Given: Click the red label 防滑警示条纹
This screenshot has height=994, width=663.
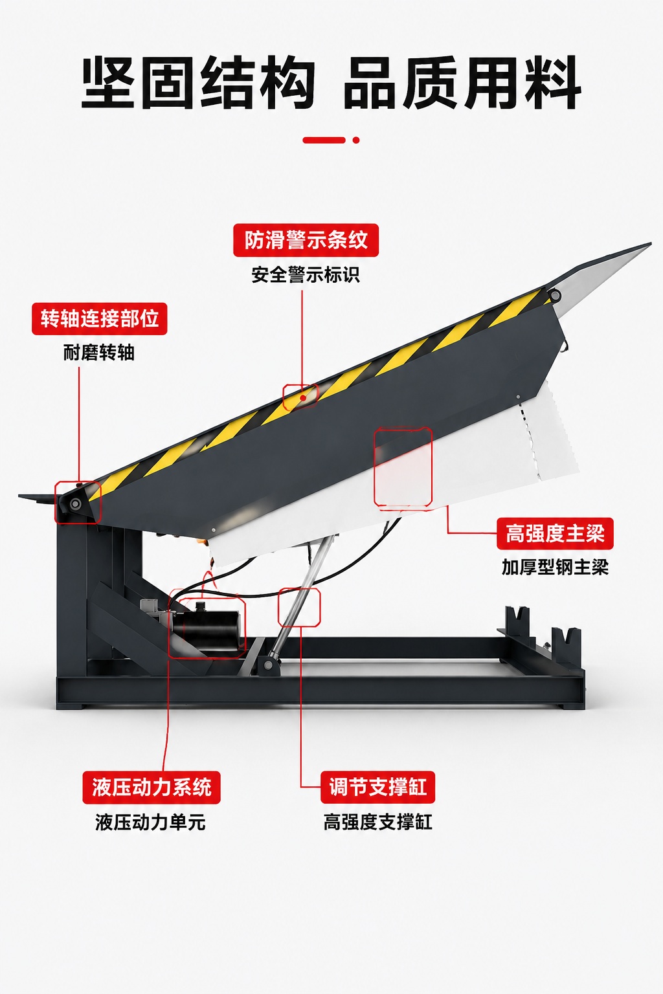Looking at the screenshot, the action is click(x=306, y=240).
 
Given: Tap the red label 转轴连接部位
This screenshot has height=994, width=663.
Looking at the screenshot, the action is click(x=100, y=318).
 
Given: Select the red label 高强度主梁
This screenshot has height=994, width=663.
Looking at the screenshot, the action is click(x=555, y=533).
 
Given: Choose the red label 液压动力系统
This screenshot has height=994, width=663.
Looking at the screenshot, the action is click(x=152, y=788).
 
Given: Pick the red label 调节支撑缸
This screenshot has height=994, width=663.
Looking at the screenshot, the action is click(x=378, y=787).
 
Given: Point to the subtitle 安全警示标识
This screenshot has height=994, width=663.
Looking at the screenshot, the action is click(x=306, y=274).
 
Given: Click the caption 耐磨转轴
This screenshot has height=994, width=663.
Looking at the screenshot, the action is click(x=98, y=353).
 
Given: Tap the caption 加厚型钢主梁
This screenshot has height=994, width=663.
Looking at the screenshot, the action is click(x=555, y=567).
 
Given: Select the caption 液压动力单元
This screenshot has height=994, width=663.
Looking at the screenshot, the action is click(x=151, y=823).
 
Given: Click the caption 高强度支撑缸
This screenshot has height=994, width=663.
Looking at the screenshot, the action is click(x=378, y=823).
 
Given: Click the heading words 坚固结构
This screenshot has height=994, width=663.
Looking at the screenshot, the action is click(x=199, y=83).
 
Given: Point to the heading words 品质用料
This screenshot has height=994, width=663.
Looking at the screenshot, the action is click(x=462, y=83).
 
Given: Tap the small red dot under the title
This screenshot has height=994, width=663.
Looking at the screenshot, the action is click(x=355, y=140).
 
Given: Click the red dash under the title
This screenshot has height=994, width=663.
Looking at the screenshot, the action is click(x=324, y=140).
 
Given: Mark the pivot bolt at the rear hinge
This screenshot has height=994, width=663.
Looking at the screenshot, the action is click(x=76, y=503).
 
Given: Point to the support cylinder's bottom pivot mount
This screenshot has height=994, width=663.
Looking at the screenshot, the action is click(x=268, y=664).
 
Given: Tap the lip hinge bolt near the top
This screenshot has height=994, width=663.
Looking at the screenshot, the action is click(x=554, y=294).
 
